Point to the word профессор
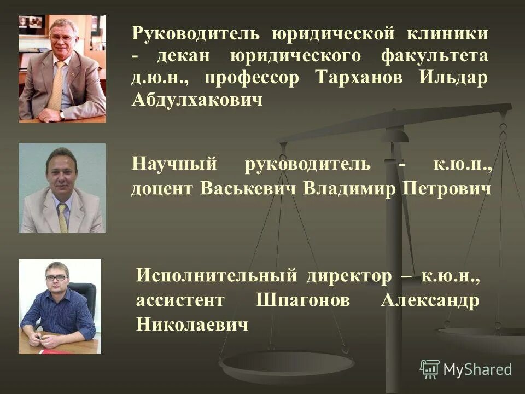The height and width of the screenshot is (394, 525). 253,78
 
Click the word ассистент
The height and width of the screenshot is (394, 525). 180,301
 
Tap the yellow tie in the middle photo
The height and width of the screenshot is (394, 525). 62,217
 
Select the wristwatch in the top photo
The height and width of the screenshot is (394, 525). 62,114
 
